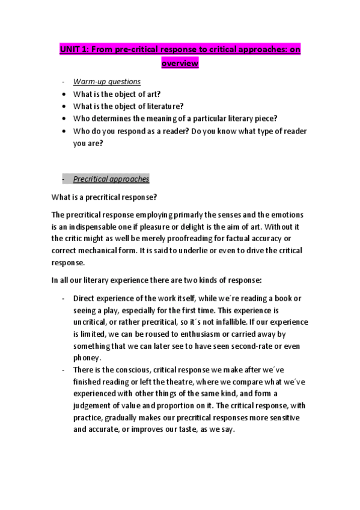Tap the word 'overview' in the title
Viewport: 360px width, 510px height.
coord(180,63)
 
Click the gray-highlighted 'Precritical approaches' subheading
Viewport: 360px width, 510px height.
coord(111,179)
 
